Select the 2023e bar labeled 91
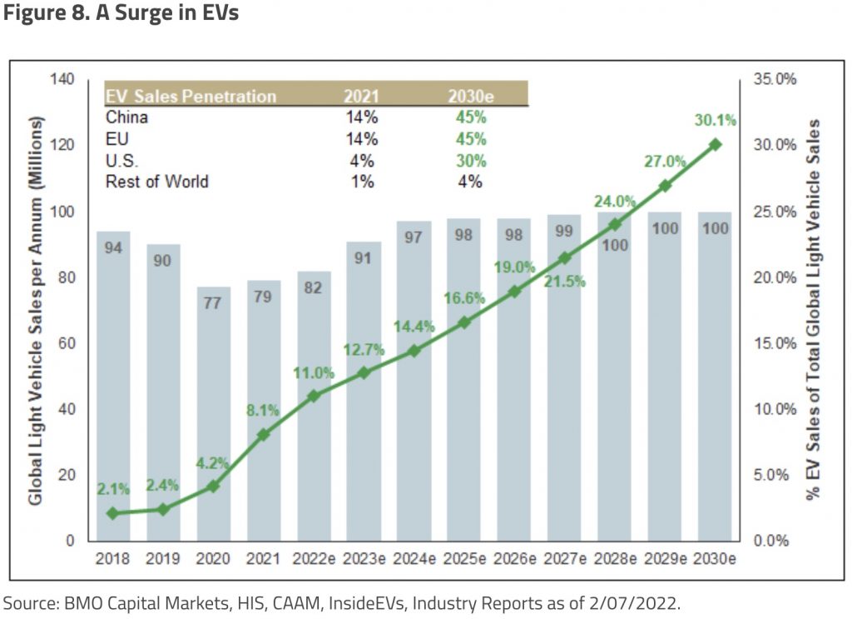(363, 392)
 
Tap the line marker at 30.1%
(715, 144)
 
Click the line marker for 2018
(113, 513)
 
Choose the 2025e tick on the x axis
(464, 558)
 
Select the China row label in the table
(126, 117)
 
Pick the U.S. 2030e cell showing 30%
(470, 161)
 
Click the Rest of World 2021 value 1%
(362, 182)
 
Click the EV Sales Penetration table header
(191, 96)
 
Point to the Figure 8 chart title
(121, 14)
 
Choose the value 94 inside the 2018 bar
(113, 247)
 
